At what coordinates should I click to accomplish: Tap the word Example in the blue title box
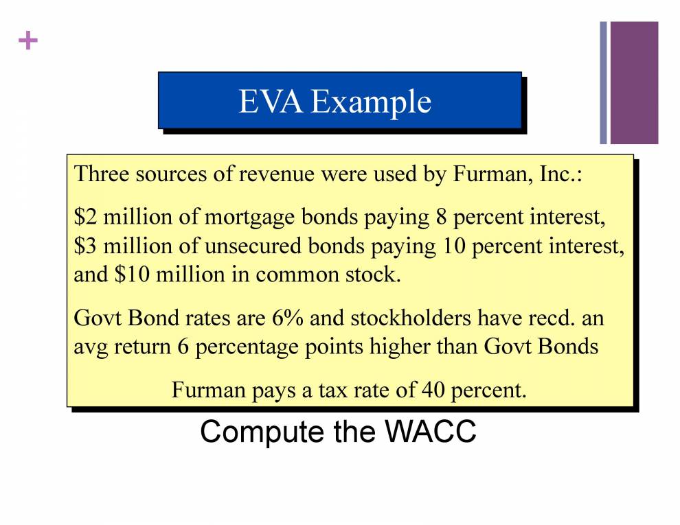(370, 103)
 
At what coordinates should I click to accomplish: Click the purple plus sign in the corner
(27, 42)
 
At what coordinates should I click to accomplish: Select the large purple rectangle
(634, 82)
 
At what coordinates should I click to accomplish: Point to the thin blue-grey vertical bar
(603, 82)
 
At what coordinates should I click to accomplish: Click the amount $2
(85, 218)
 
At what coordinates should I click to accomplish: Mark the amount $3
(85, 246)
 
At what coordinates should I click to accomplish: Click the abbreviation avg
(91, 347)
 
